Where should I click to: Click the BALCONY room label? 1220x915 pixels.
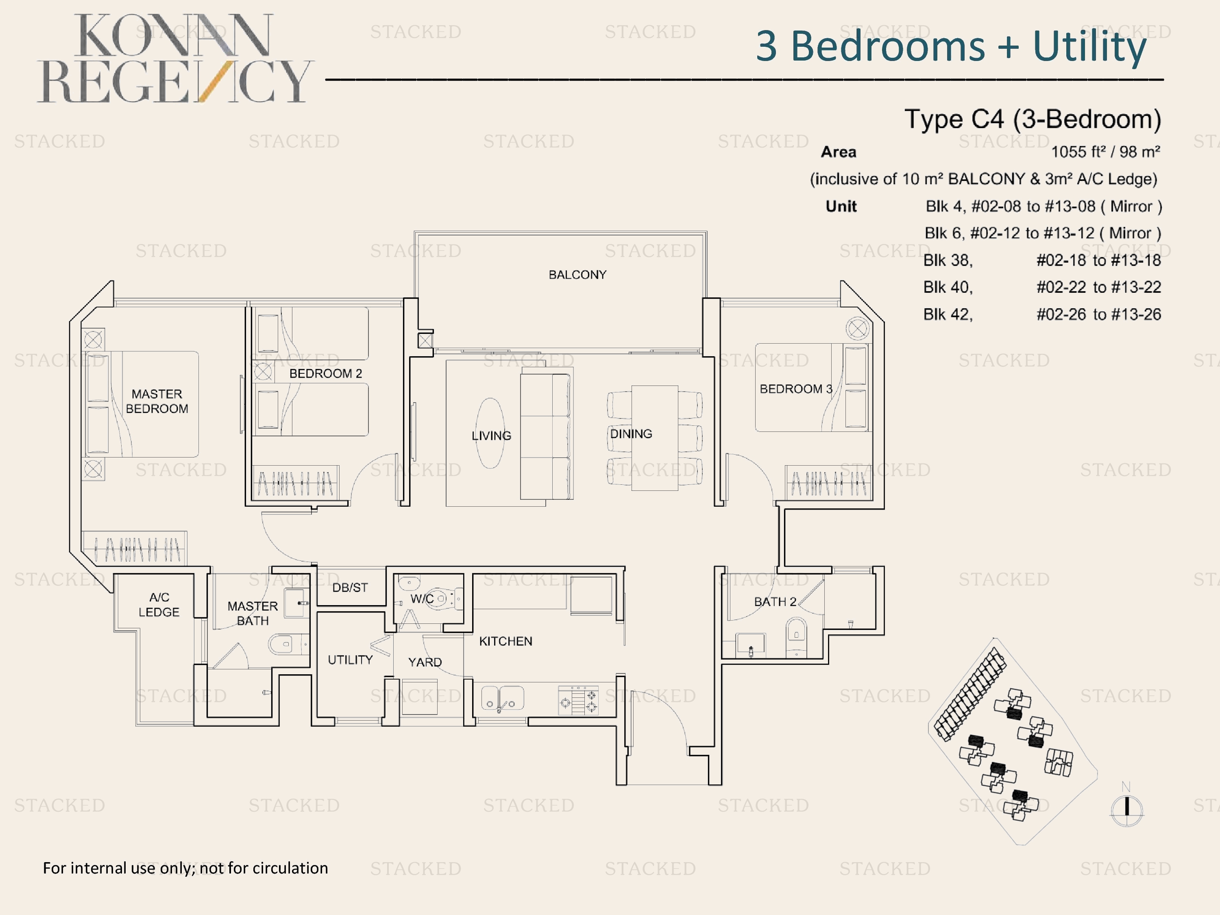click(577, 274)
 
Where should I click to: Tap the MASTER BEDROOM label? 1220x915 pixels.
click(157, 401)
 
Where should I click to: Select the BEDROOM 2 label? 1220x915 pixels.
click(325, 373)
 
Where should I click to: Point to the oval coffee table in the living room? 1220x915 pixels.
click(490, 433)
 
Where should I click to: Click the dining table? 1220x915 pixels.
click(655, 438)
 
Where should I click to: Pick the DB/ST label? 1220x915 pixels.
click(350, 587)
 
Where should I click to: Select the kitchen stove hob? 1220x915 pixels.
click(578, 700)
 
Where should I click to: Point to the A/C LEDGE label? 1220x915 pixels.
click(159, 604)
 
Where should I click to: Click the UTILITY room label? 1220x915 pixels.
click(350, 660)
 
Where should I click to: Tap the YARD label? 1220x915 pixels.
click(425, 662)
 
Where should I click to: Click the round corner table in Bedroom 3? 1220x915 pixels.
click(858, 329)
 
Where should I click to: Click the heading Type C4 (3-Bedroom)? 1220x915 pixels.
click(1033, 119)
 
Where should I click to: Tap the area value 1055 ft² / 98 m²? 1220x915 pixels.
click(1105, 152)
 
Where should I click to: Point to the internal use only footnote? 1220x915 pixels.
click(185, 868)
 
